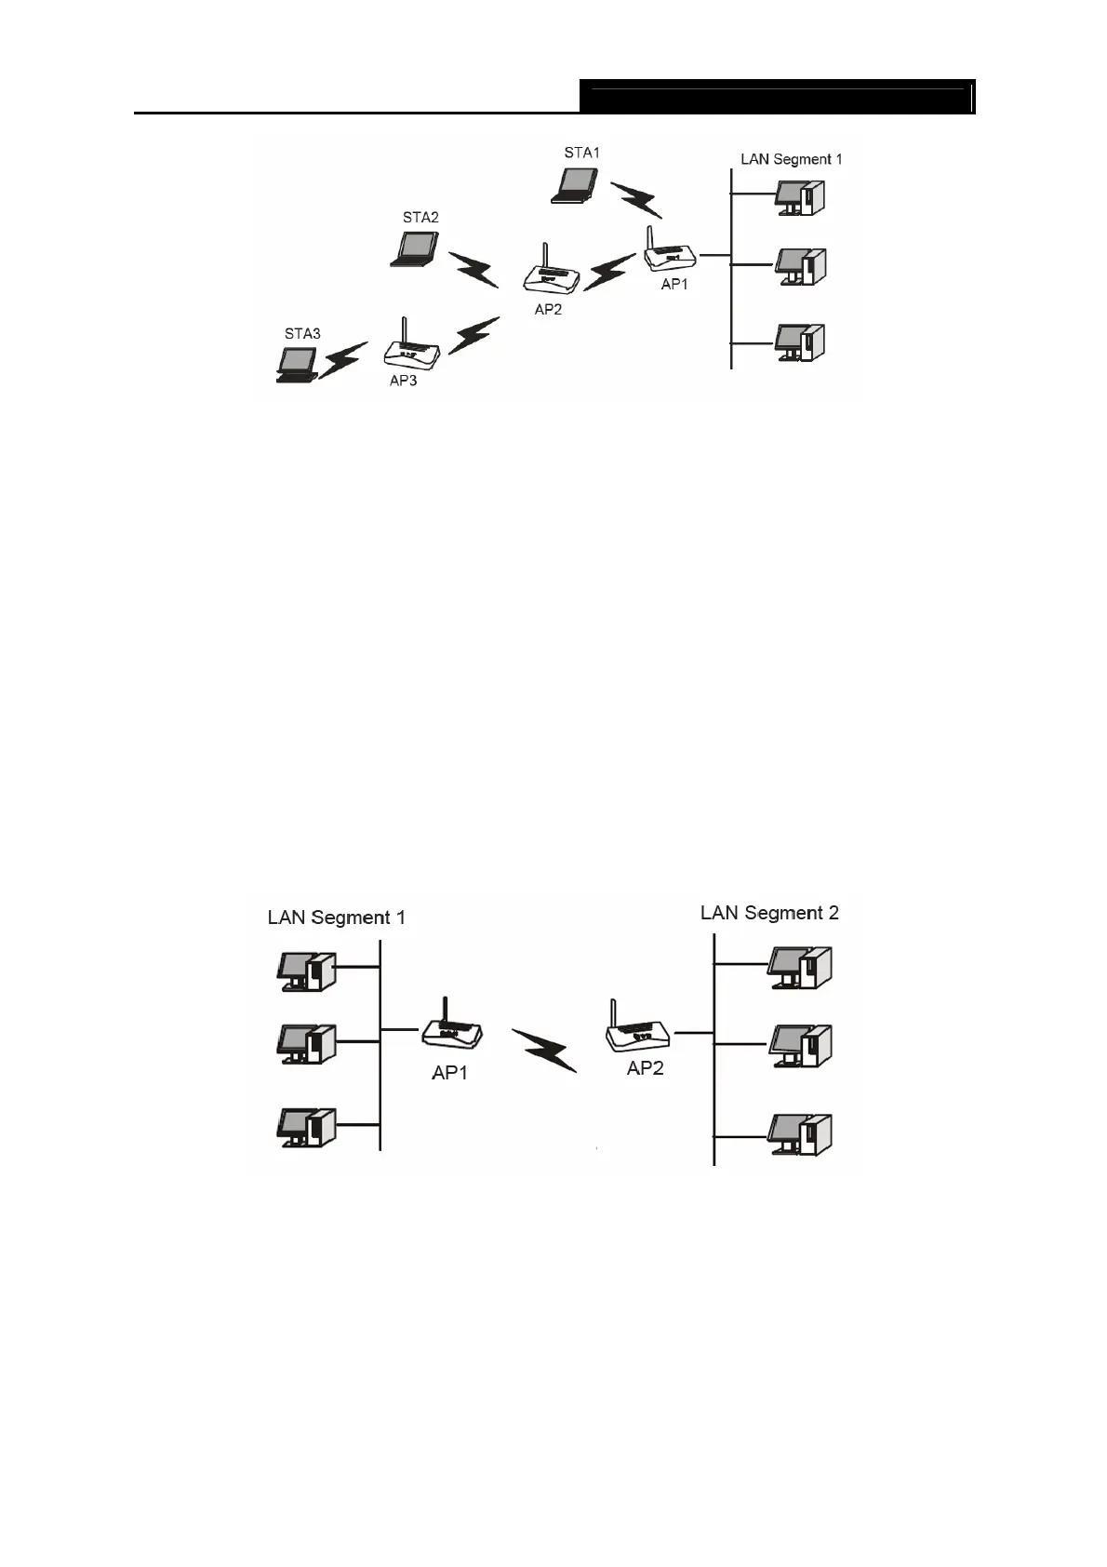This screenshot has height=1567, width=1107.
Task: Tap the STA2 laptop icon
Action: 414,249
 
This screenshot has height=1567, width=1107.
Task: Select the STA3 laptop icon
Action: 297,365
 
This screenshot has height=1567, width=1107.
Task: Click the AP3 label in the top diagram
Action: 403,382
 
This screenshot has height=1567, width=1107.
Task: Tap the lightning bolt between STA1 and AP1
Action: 636,198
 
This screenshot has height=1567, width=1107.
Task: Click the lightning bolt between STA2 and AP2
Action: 475,269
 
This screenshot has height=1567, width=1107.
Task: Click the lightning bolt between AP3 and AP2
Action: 474,336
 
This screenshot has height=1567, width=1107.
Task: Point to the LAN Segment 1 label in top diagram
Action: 791,159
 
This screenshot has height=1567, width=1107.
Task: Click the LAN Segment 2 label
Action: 769,913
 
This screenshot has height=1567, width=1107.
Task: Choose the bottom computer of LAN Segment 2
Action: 799,1134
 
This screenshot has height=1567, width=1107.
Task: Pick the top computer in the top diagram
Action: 799,196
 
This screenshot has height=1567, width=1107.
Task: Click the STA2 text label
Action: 420,218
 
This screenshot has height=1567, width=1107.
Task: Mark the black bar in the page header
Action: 777,98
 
